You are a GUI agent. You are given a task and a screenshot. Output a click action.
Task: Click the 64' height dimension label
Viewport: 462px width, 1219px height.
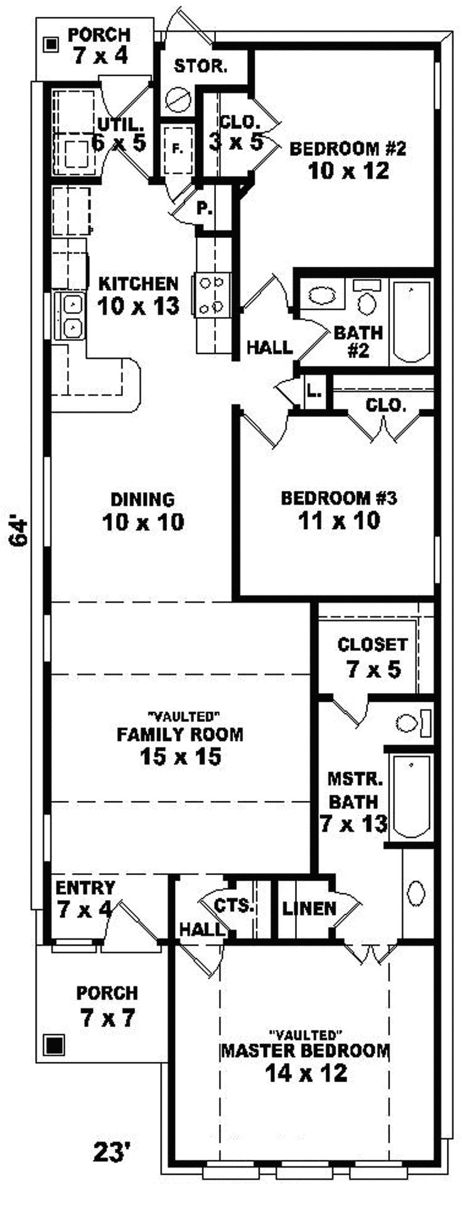pyautogui.click(x=20, y=532)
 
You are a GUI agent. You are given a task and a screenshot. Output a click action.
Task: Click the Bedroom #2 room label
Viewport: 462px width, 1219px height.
pyautogui.click(x=348, y=159)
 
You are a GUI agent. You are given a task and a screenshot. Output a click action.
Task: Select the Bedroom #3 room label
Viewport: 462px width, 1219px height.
pyautogui.click(x=339, y=509)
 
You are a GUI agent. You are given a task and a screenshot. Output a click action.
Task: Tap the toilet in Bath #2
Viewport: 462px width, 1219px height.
pyautogui.click(x=367, y=300)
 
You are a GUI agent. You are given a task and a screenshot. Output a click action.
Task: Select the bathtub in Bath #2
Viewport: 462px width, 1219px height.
pyautogui.click(x=412, y=321)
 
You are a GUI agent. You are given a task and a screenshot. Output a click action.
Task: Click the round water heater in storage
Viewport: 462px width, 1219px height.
pyautogui.click(x=178, y=100)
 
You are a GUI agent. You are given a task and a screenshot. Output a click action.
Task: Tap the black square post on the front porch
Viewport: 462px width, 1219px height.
pyautogui.click(x=55, y=1045)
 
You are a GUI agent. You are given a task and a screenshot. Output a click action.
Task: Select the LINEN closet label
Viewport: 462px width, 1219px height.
pyautogui.click(x=309, y=908)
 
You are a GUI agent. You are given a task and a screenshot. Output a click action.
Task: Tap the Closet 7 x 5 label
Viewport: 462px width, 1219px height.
pyautogui.click(x=373, y=657)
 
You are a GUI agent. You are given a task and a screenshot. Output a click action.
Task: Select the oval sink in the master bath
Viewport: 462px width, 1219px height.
pyautogui.click(x=416, y=891)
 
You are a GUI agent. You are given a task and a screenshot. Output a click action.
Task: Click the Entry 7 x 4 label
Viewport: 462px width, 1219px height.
pyautogui.click(x=85, y=898)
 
